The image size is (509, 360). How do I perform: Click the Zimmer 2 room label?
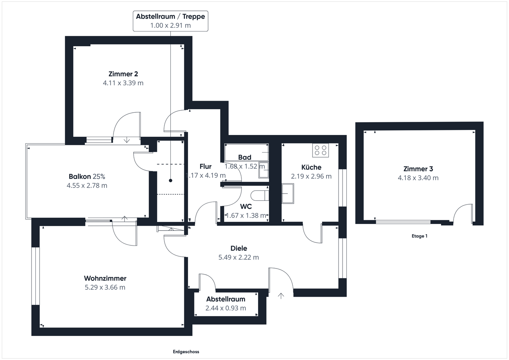click(123, 74)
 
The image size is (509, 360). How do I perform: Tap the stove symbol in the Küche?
click(320, 150)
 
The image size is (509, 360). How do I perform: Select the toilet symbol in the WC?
click(260, 196)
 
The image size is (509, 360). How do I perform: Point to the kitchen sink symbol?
click(288, 194)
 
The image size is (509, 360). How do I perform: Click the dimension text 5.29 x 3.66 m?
click(105, 287)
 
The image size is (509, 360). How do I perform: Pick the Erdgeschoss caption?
click(186, 352)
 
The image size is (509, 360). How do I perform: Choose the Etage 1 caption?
click(420, 236)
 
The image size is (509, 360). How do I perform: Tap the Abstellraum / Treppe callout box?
click(170, 21)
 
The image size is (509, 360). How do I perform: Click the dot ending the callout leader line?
click(170, 181)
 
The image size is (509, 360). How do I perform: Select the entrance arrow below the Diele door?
click(281, 296)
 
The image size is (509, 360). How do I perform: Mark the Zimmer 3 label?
click(418, 169)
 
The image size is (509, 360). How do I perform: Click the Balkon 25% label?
click(87, 177)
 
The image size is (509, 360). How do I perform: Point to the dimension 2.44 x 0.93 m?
click(226, 308)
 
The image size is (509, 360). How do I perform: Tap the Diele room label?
click(239, 248)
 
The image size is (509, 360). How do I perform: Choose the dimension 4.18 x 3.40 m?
click(418, 178)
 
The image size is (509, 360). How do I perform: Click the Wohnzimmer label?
click(105, 278)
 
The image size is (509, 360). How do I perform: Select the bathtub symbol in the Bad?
click(247, 152)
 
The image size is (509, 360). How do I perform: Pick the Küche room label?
click(311, 167)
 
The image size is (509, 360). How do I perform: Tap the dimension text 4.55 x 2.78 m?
click(87, 185)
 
